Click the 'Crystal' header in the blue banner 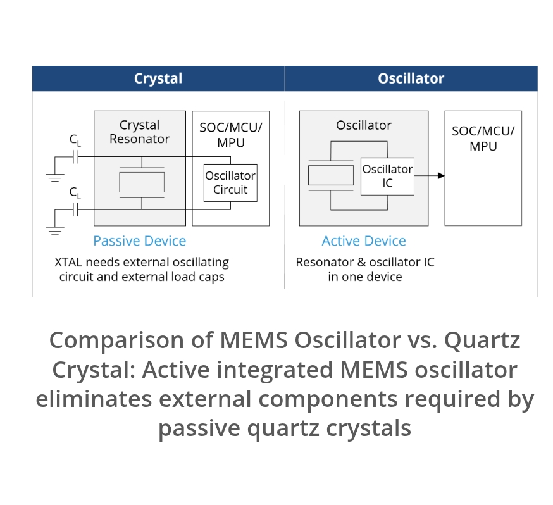158,78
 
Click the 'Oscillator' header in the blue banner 411,78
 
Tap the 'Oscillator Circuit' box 230,183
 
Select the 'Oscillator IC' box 387,177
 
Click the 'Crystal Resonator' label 139,132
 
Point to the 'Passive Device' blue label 139,241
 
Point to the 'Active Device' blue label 364,241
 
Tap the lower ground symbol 56,230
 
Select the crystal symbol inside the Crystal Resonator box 142,182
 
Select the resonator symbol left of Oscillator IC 330,175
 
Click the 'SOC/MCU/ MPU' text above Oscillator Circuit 230,135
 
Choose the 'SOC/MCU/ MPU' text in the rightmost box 483,139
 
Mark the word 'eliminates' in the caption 94,400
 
